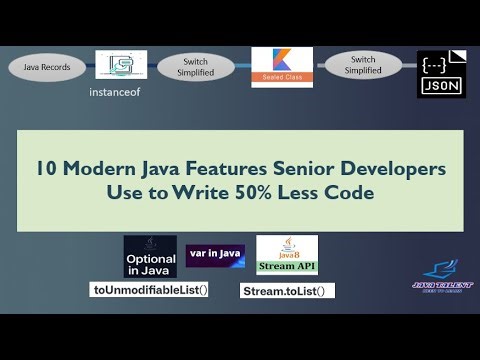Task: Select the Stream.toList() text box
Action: pyautogui.click(x=287, y=291)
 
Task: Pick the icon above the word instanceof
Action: pyautogui.click(x=121, y=64)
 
